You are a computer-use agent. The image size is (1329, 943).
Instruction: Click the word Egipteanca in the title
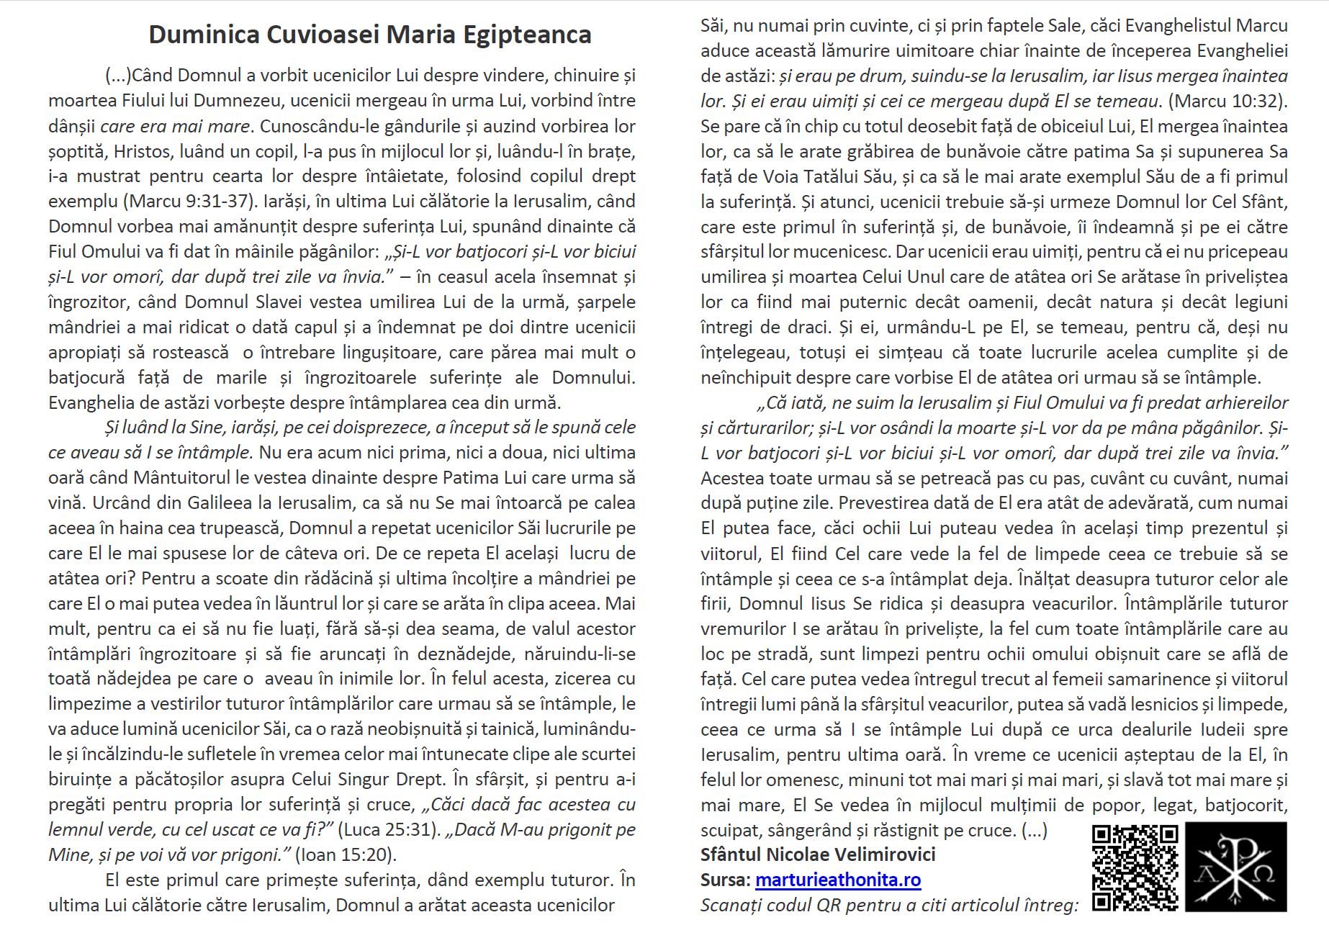point(528,35)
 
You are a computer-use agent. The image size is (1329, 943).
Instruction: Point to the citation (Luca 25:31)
point(389,829)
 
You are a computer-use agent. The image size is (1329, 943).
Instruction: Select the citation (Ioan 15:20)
point(346,854)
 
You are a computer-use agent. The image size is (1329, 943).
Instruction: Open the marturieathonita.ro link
point(838,880)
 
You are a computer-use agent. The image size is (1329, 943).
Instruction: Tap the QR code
point(1135,867)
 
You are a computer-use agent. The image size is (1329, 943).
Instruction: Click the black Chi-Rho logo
point(1235,867)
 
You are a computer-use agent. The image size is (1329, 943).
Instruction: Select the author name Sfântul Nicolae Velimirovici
point(818,854)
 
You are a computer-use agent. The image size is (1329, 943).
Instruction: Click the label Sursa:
point(725,880)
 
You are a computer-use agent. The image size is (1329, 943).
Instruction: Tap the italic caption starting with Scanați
point(889,905)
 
